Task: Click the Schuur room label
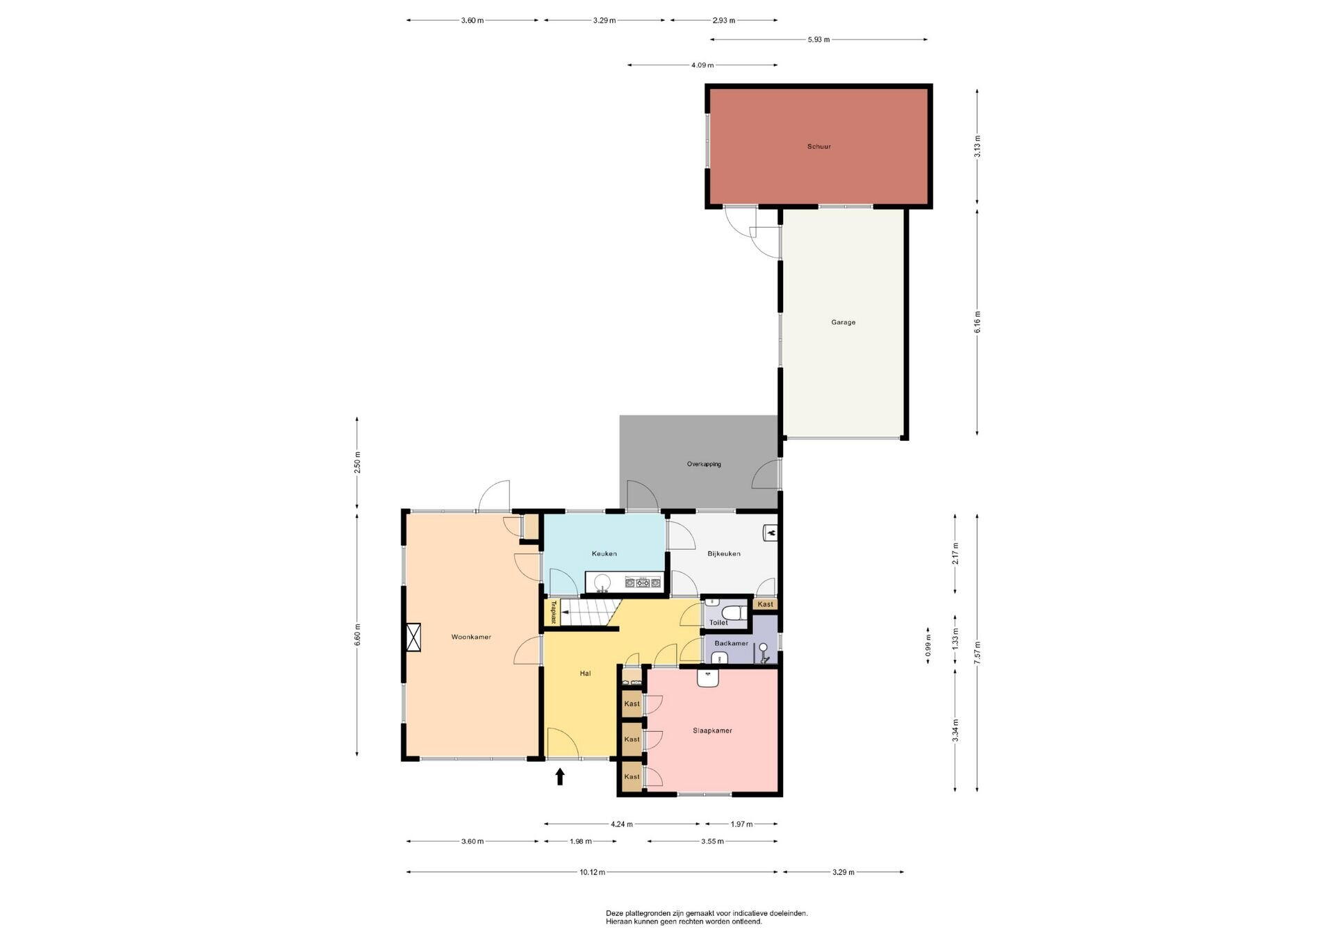coord(818,147)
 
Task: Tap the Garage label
coord(843,322)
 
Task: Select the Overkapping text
coord(704,464)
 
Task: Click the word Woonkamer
coord(471,637)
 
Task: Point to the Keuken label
coord(604,553)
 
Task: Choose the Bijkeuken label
coord(724,553)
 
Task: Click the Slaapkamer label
coord(712,731)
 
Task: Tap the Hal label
coord(585,673)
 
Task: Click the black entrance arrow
coord(560,776)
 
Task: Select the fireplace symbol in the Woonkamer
coord(413,638)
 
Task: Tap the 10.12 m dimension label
coord(592,872)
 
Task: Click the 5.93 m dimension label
coord(818,40)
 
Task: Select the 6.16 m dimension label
coord(978,322)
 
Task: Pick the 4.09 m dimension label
coord(702,65)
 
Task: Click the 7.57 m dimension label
coord(978,653)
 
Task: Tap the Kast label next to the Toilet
coord(766,604)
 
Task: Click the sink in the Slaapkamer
coord(708,678)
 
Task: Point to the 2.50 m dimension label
coord(357,462)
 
